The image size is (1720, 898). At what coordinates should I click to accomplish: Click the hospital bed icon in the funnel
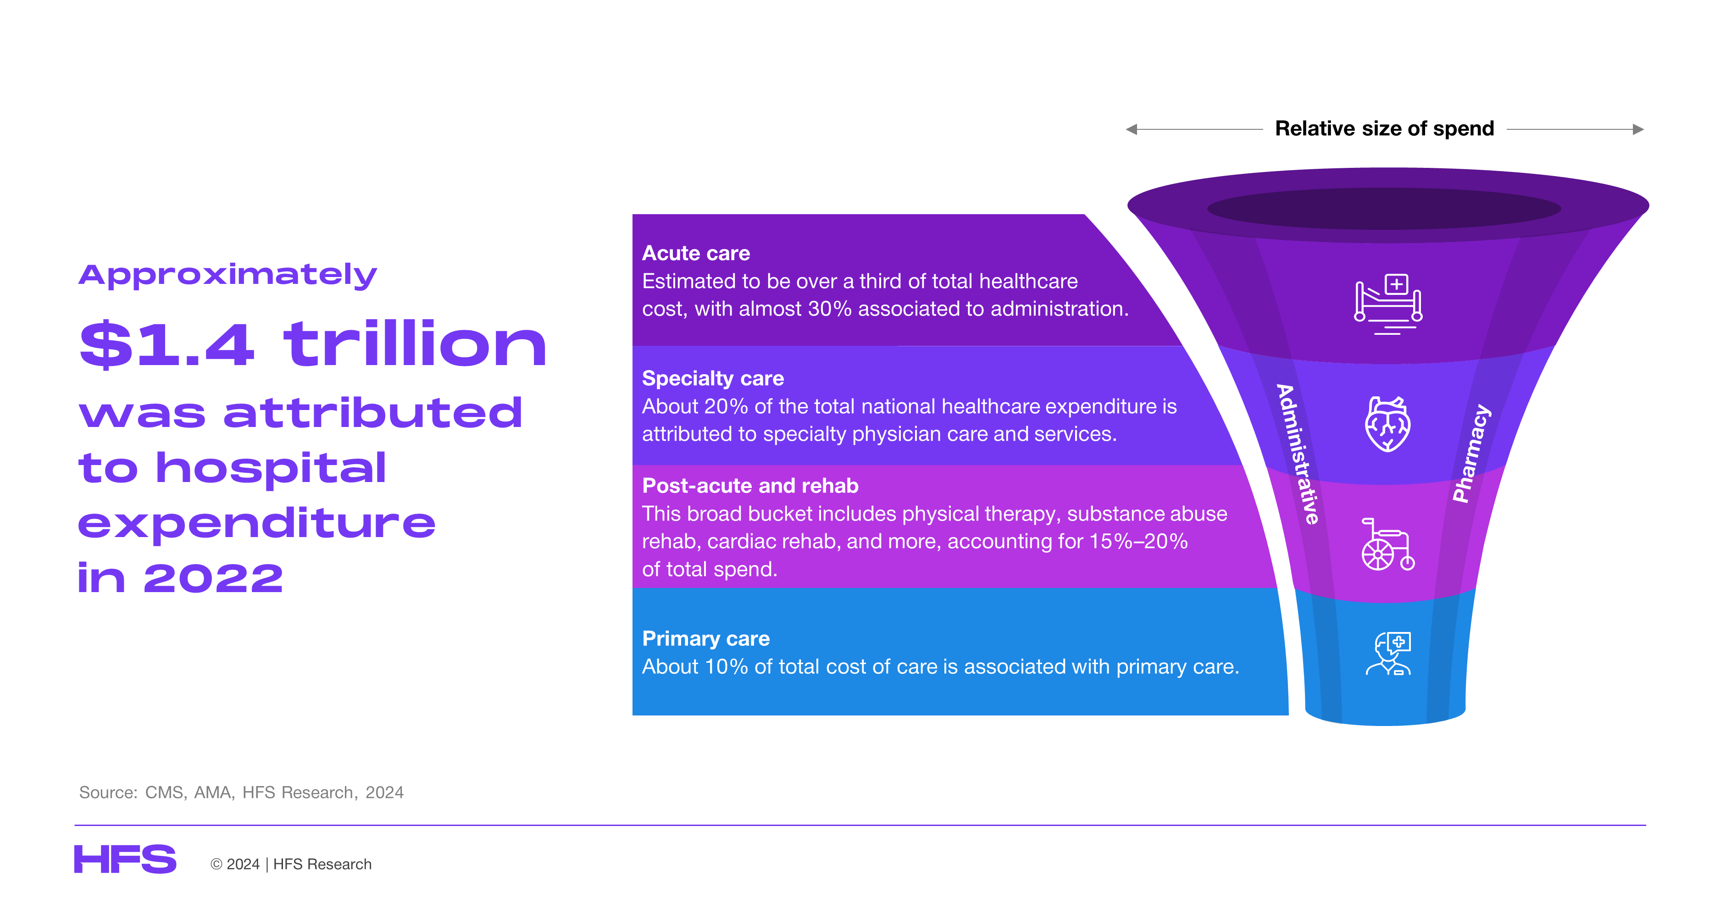pyautogui.click(x=1387, y=304)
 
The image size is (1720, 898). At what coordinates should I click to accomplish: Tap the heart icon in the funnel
pyautogui.click(x=1387, y=424)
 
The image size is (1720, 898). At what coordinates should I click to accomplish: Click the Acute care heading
pyautogui.click(x=696, y=253)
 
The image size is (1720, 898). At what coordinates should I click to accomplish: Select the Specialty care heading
pyautogui.click(x=712, y=378)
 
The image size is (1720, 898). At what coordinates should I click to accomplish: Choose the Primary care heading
pyautogui.click(x=706, y=638)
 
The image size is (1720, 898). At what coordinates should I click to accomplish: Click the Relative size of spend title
pyautogui.click(x=1384, y=128)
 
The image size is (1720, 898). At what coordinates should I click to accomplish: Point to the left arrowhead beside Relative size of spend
pyautogui.click(x=1131, y=129)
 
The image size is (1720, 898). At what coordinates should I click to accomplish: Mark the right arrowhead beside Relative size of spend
pyautogui.click(x=1638, y=129)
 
